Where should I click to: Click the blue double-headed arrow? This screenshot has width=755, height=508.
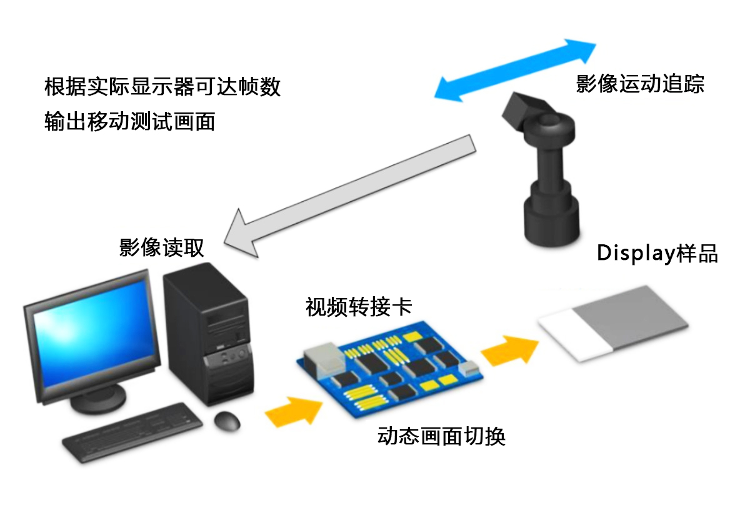click(x=515, y=70)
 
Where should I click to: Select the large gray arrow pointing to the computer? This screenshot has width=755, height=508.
click(x=351, y=196)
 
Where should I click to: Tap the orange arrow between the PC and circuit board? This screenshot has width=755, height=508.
click(x=294, y=412)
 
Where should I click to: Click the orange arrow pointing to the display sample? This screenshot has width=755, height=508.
click(x=509, y=351)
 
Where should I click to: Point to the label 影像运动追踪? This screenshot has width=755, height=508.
click(x=640, y=84)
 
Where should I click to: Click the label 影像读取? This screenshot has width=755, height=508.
click(x=161, y=247)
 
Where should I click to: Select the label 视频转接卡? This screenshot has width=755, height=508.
click(x=359, y=307)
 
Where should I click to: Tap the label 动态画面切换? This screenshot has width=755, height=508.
click(x=441, y=436)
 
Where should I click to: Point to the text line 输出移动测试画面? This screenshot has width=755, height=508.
click(x=130, y=121)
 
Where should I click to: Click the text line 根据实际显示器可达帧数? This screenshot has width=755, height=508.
click(x=162, y=86)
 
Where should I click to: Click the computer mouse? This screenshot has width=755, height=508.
click(x=227, y=421)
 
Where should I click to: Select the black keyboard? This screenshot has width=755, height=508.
click(x=132, y=432)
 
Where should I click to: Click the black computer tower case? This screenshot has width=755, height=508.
click(x=209, y=334)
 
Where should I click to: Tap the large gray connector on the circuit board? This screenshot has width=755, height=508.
click(x=325, y=359)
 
